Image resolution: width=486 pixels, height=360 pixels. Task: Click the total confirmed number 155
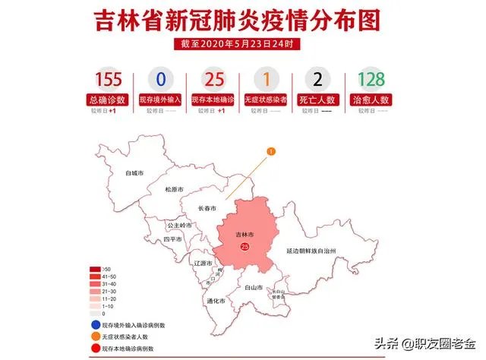[x=109, y=80]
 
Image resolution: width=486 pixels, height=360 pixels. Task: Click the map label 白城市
[x=136, y=173]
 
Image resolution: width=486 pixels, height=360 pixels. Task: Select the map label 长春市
[x=207, y=208]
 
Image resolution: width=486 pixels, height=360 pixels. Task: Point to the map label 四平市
[x=174, y=240]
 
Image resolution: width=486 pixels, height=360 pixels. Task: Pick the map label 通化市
[x=216, y=301]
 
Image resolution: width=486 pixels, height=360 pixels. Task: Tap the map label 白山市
[x=254, y=289]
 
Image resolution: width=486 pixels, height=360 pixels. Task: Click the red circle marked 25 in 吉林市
[x=244, y=247]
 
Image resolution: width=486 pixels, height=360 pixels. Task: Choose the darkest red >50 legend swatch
[x=96, y=268]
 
